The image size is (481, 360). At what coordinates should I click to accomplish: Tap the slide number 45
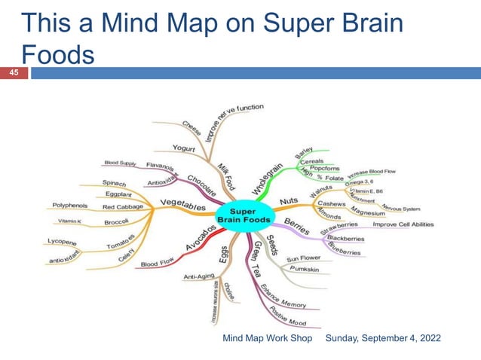(13, 73)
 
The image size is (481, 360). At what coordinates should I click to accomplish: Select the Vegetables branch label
(182, 204)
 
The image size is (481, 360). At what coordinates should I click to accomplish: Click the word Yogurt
(185, 149)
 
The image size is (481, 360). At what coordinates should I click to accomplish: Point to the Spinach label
(115, 183)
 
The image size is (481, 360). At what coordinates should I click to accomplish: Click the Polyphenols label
(69, 206)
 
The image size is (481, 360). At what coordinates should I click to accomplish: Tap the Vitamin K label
(69, 221)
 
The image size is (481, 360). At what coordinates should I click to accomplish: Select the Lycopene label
(63, 242)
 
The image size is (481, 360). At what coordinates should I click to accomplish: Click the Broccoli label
(117, 221)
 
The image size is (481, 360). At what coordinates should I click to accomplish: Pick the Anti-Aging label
(198, 277)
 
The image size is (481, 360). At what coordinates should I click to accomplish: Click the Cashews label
(332, 203)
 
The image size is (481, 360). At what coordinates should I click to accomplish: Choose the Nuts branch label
(289, 201)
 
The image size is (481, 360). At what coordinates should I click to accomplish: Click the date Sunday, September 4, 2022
(383, 339)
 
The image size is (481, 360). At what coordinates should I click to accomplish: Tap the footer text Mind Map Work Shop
(267, 339)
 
